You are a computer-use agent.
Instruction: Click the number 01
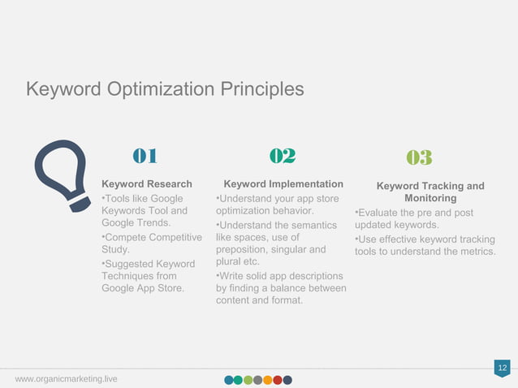coord(145,156)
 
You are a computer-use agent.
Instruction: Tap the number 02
coord(282,156)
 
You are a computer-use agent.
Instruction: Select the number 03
coord(419,157)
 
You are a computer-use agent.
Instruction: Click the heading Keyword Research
coord(146,184)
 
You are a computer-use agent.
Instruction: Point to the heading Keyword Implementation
coord(283,184)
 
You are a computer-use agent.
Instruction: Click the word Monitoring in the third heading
coord(430,198)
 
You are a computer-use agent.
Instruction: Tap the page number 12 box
coord(502,369)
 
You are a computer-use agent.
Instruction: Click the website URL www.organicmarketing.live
coord(66,379)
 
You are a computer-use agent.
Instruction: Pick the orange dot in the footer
coord(267,379)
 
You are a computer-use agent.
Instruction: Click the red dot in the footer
coord(277,379)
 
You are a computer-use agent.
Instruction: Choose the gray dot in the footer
coord(257,379)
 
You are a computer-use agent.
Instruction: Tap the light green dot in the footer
coord(248,379)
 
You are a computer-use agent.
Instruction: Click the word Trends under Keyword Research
coord(153,223)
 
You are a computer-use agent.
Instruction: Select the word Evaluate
coord(379,213)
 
